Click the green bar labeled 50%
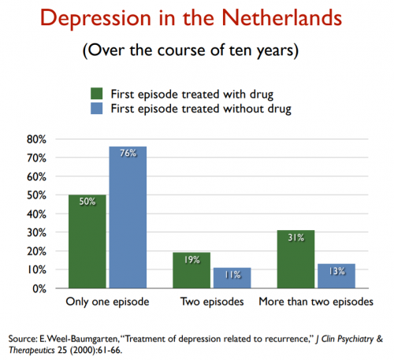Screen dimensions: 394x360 pos(87,242)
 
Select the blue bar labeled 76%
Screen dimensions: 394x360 pos(128,217)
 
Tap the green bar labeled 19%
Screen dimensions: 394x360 pos(191,270)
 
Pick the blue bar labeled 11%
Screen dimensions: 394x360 pos(232,278)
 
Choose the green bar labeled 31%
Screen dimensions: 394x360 pos(295,259)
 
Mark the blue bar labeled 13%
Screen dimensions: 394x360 pos(336,276)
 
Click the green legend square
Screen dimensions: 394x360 pos(96,94)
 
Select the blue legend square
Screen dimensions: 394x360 pos(96,108)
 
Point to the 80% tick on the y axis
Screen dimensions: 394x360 pos(36,139)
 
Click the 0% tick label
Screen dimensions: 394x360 pos(39,289)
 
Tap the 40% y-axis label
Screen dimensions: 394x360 pos(36,214)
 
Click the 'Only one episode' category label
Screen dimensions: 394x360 pos(107,302)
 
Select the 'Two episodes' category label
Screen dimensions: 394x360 pos(212,302)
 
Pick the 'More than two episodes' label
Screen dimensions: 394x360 pos(316,302)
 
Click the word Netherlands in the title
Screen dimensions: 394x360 pos(282,18)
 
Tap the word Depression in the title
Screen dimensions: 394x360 pos(96,19)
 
